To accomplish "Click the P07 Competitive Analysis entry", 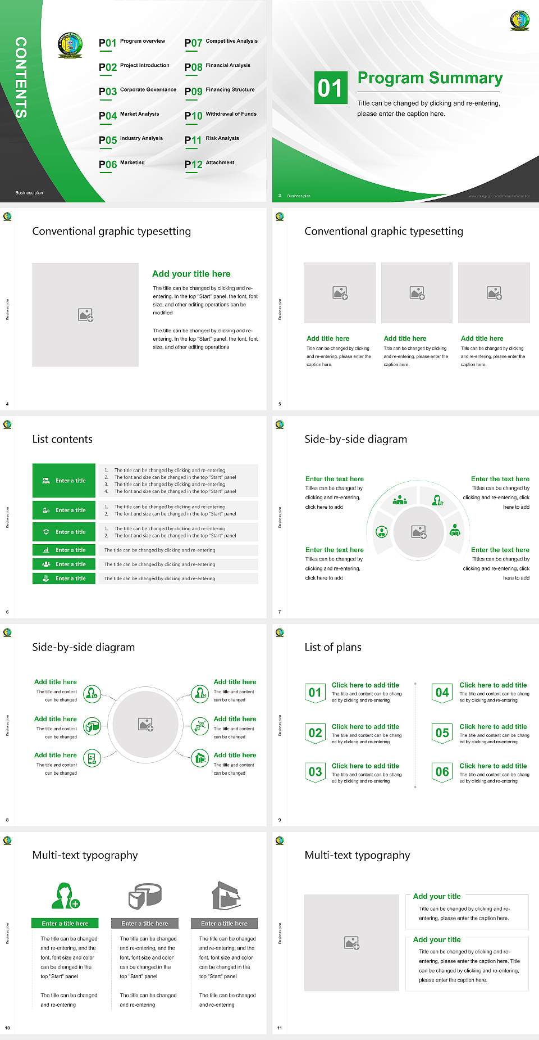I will click(221, 42).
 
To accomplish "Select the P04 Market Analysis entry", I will click(129, 115).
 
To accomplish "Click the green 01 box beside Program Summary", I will click(330, 88).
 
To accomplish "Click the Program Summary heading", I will click(430, 78).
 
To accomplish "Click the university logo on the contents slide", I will click(70, 45).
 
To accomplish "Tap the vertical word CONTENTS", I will click(21, 78).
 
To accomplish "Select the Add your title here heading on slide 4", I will click(191, 274).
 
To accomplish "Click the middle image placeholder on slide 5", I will click(417, 293).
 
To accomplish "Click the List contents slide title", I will click(62, 439).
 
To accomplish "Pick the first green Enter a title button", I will click(64, 481).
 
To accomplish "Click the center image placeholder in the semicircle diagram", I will click(419, 531).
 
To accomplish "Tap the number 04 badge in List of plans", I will click(442, 693).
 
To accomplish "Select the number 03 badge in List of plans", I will click(315, 772).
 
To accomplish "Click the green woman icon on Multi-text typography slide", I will click(65, 896).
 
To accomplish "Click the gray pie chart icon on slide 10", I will click(145, 896).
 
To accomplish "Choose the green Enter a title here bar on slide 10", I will click(65, 923).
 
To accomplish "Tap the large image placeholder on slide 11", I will click(351, 943).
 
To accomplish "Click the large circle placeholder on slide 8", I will click(145, 724).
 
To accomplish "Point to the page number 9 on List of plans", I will click(280, 820).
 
